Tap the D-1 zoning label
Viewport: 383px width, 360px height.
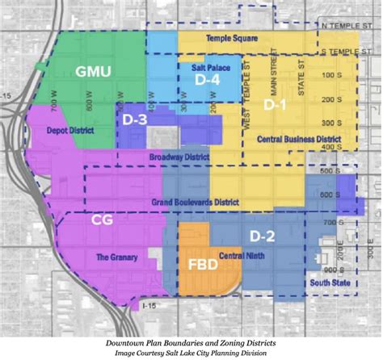276,106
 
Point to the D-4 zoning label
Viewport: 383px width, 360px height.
208,81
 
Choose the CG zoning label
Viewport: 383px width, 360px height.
101,219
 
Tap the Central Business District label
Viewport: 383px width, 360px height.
298,139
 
